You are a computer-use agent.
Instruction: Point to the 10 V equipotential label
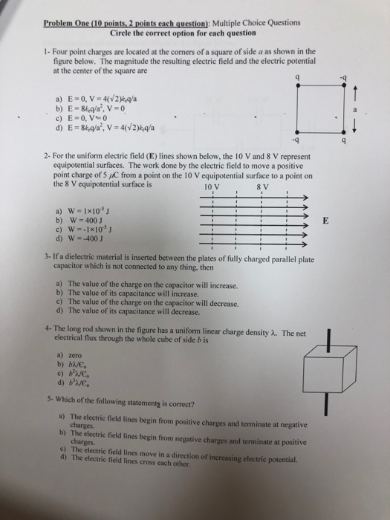click(212, 187)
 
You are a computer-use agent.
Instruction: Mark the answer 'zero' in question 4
click(76, 357)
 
